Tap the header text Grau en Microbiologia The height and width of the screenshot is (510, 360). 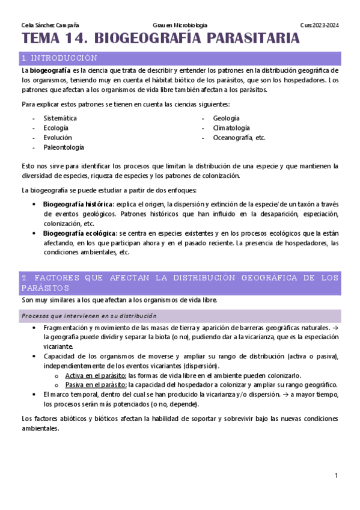pos(180,25)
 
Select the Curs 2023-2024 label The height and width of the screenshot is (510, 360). pos(320,25)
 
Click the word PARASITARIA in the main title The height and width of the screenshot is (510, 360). pos(249,40)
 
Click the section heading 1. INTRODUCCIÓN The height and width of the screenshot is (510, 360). pos(59,58)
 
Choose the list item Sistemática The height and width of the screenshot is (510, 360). pos(60,118)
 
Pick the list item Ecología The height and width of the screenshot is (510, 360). pos(56,128)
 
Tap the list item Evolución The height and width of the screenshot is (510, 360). pos(58,138)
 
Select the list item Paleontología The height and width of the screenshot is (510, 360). pos(64,147)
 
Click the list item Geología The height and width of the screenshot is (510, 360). pos(227,118)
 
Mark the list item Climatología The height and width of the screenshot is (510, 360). pos(231,128)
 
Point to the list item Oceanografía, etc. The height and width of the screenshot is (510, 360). pos(239,138)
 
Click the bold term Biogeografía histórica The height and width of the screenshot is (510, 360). pos(78,204)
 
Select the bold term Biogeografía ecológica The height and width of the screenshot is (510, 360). pos(79,233)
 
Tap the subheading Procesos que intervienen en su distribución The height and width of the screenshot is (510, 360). pos(89,316)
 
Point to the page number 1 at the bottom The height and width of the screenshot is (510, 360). pos(337,476)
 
